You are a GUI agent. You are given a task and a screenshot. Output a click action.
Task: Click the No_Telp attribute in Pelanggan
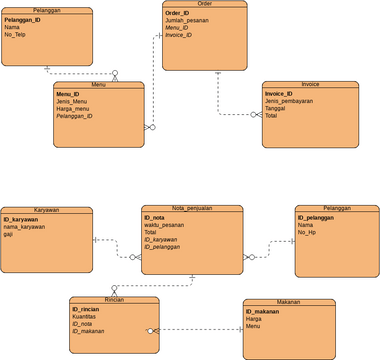click(16, 34)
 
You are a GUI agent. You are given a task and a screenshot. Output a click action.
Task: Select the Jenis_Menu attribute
click(71, 101)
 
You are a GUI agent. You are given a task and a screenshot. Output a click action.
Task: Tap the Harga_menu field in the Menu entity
click(72, 108)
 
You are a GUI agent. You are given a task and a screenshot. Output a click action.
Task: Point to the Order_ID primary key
click(178, 13)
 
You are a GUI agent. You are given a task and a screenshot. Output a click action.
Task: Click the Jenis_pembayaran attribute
click(288, 101)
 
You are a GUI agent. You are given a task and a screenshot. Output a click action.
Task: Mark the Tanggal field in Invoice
click(276, 108)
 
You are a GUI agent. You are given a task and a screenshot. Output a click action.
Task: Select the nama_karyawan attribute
click(24, 225)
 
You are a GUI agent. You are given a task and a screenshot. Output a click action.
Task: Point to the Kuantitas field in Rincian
click(85, 318)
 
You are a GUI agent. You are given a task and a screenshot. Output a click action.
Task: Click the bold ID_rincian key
click(85, 310)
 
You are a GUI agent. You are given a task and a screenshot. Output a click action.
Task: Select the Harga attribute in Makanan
click(253, 318)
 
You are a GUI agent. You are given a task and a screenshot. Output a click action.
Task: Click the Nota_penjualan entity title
click(192, 209)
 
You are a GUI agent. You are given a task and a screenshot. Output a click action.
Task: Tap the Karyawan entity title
click(46, 210)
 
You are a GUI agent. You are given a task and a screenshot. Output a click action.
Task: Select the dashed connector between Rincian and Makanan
click(200, 329)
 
